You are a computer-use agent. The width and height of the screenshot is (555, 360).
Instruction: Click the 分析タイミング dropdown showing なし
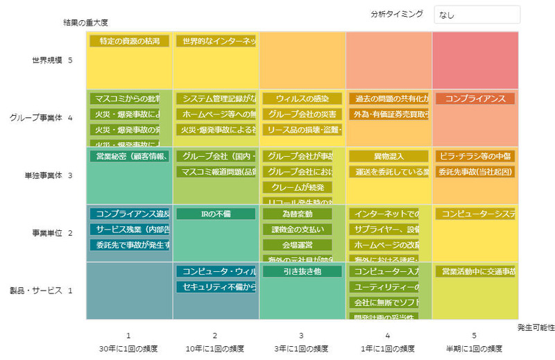(x=477, y=15)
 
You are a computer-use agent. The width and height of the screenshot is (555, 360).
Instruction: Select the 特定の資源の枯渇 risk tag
(x=129, y=42)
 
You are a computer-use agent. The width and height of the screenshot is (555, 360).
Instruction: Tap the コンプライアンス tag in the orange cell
(x=475, y=99)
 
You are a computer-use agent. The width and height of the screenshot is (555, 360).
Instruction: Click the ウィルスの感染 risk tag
(x=302, y=99)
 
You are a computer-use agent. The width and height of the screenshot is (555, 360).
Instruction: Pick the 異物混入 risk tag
(x=388, y=157)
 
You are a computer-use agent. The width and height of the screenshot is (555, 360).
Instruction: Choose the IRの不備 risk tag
(x=215, y=214)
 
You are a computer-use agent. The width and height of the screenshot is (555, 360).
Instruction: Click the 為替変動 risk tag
(x=297, y=214)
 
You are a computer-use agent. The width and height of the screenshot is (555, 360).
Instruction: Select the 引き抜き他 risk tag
(x=302, y=272)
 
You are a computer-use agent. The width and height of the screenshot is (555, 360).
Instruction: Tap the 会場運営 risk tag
(x=297, y=245)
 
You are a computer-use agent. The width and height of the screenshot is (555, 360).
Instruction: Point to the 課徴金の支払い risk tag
(x=297, y=230)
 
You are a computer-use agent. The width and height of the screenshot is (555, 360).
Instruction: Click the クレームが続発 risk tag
(x=297, y=187)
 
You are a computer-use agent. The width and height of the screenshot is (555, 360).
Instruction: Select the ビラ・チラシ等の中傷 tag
(x=475, y=157)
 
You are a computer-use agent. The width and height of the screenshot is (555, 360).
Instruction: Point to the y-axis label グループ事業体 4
(x=41, y=119)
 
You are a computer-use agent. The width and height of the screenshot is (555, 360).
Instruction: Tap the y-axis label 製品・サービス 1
(x=41, y=291)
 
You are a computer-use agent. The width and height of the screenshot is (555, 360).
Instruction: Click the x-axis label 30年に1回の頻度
(x=128, y=348)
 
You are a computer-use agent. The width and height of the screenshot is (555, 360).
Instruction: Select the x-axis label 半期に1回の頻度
(x=475, y=348)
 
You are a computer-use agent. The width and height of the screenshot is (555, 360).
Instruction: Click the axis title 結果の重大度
(x=85, y=23)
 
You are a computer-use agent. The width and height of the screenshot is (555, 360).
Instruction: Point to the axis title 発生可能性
(x=536, y=327)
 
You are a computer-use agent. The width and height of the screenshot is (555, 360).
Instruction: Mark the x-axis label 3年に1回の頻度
(x=301, y=348)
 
